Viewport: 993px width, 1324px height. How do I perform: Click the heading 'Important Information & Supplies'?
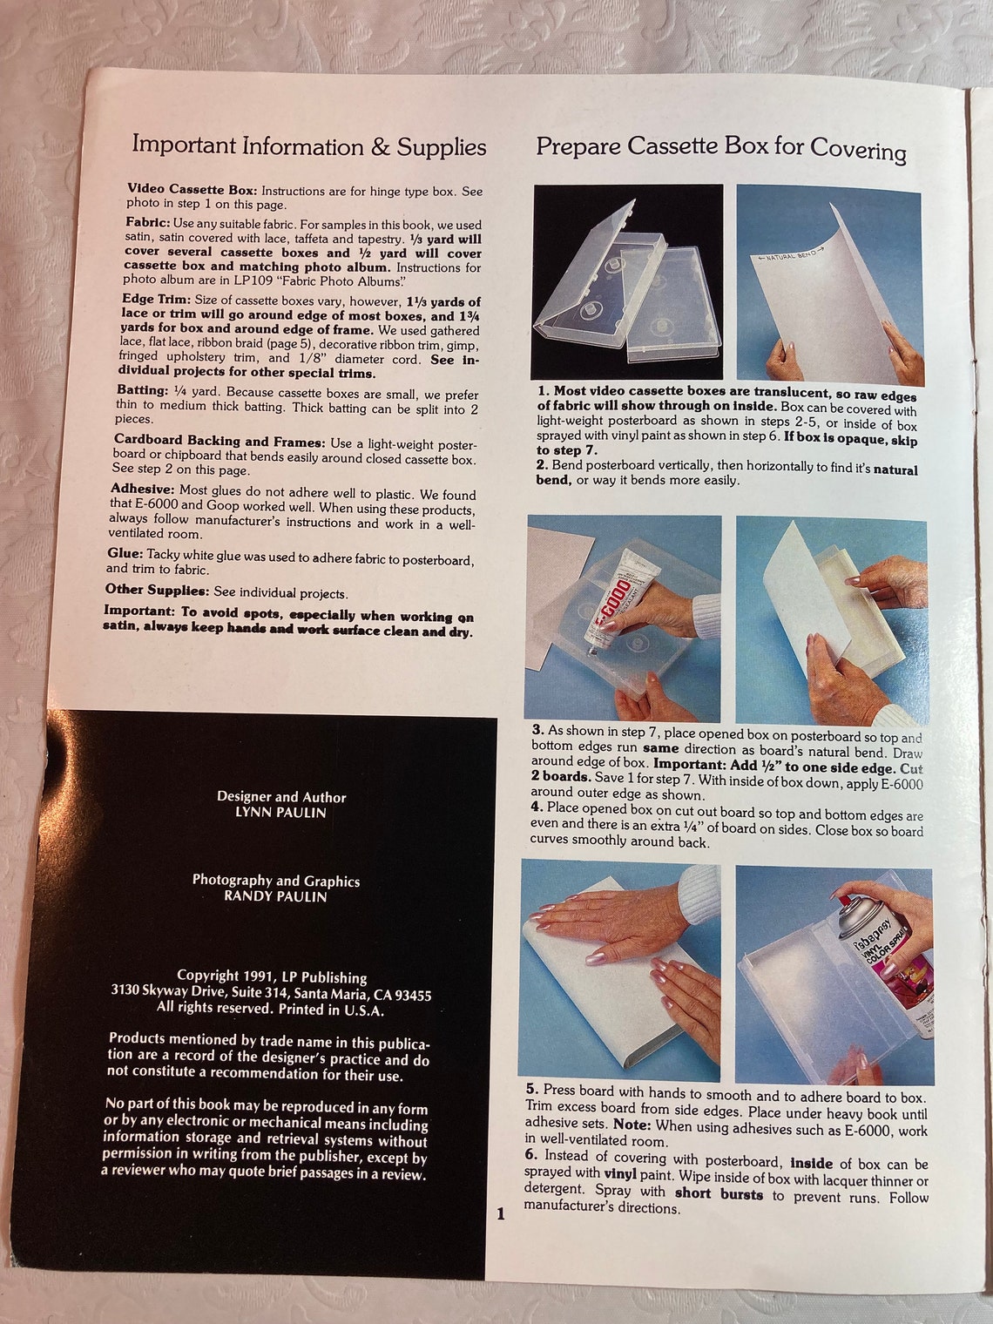click(308, 146)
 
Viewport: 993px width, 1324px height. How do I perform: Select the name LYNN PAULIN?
click(281, 813)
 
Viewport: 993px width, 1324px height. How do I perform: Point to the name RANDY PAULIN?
click(275, 896)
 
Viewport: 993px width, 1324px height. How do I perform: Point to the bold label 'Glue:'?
click(125, 553)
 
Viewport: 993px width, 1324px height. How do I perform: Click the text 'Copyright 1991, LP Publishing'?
click(272, 976)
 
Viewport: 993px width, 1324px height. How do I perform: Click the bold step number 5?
click(531, 1090)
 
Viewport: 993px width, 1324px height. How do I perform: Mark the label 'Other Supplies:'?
click(157, 590)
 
